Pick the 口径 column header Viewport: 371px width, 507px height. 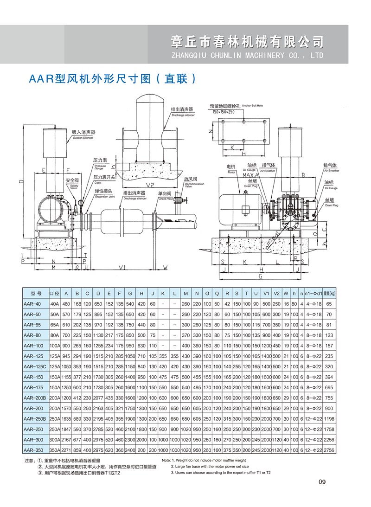click(54, 293)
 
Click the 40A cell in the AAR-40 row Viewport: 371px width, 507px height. click(54, 304)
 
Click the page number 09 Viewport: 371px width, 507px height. click(323, 482)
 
